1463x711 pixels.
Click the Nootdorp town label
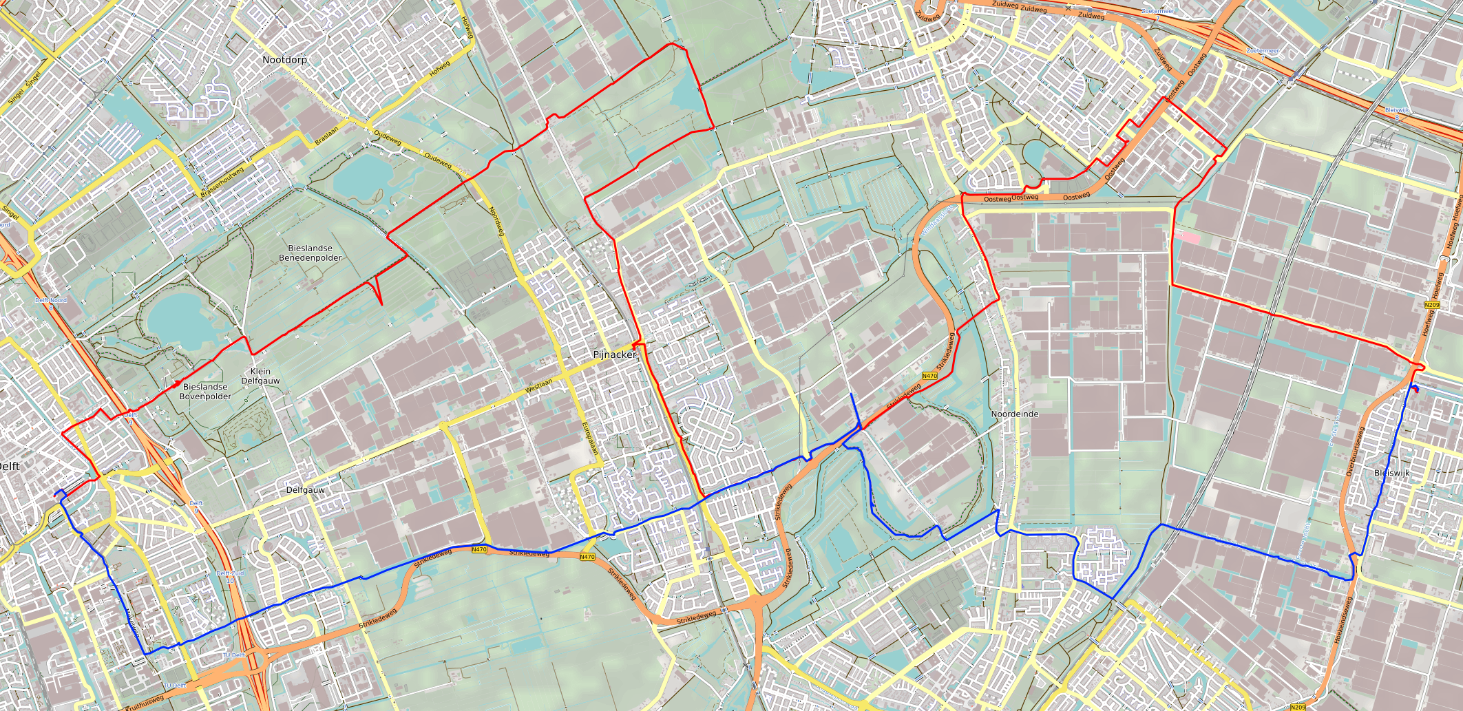[284, 60]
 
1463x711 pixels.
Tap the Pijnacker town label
[614, 354]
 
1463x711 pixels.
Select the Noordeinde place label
[1014, 414]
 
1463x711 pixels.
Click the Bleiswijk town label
[1391, 473]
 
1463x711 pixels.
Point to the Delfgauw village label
[305, 490]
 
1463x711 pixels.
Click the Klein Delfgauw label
[260, 376]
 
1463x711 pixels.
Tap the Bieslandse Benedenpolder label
[310, 253]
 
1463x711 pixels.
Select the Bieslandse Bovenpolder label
[205, 392]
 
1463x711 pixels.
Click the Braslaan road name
[326, 135]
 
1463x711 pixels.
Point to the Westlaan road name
[538, 386]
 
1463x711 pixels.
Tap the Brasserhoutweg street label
[222, 183]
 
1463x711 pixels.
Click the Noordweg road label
[496, 221]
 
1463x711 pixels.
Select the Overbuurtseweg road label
[1355, 452]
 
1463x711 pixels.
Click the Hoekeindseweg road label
[1343, 620]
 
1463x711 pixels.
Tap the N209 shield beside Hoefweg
[1431, 305]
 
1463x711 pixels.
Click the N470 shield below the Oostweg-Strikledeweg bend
[929, 376]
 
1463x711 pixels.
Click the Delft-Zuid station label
[230, 573]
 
